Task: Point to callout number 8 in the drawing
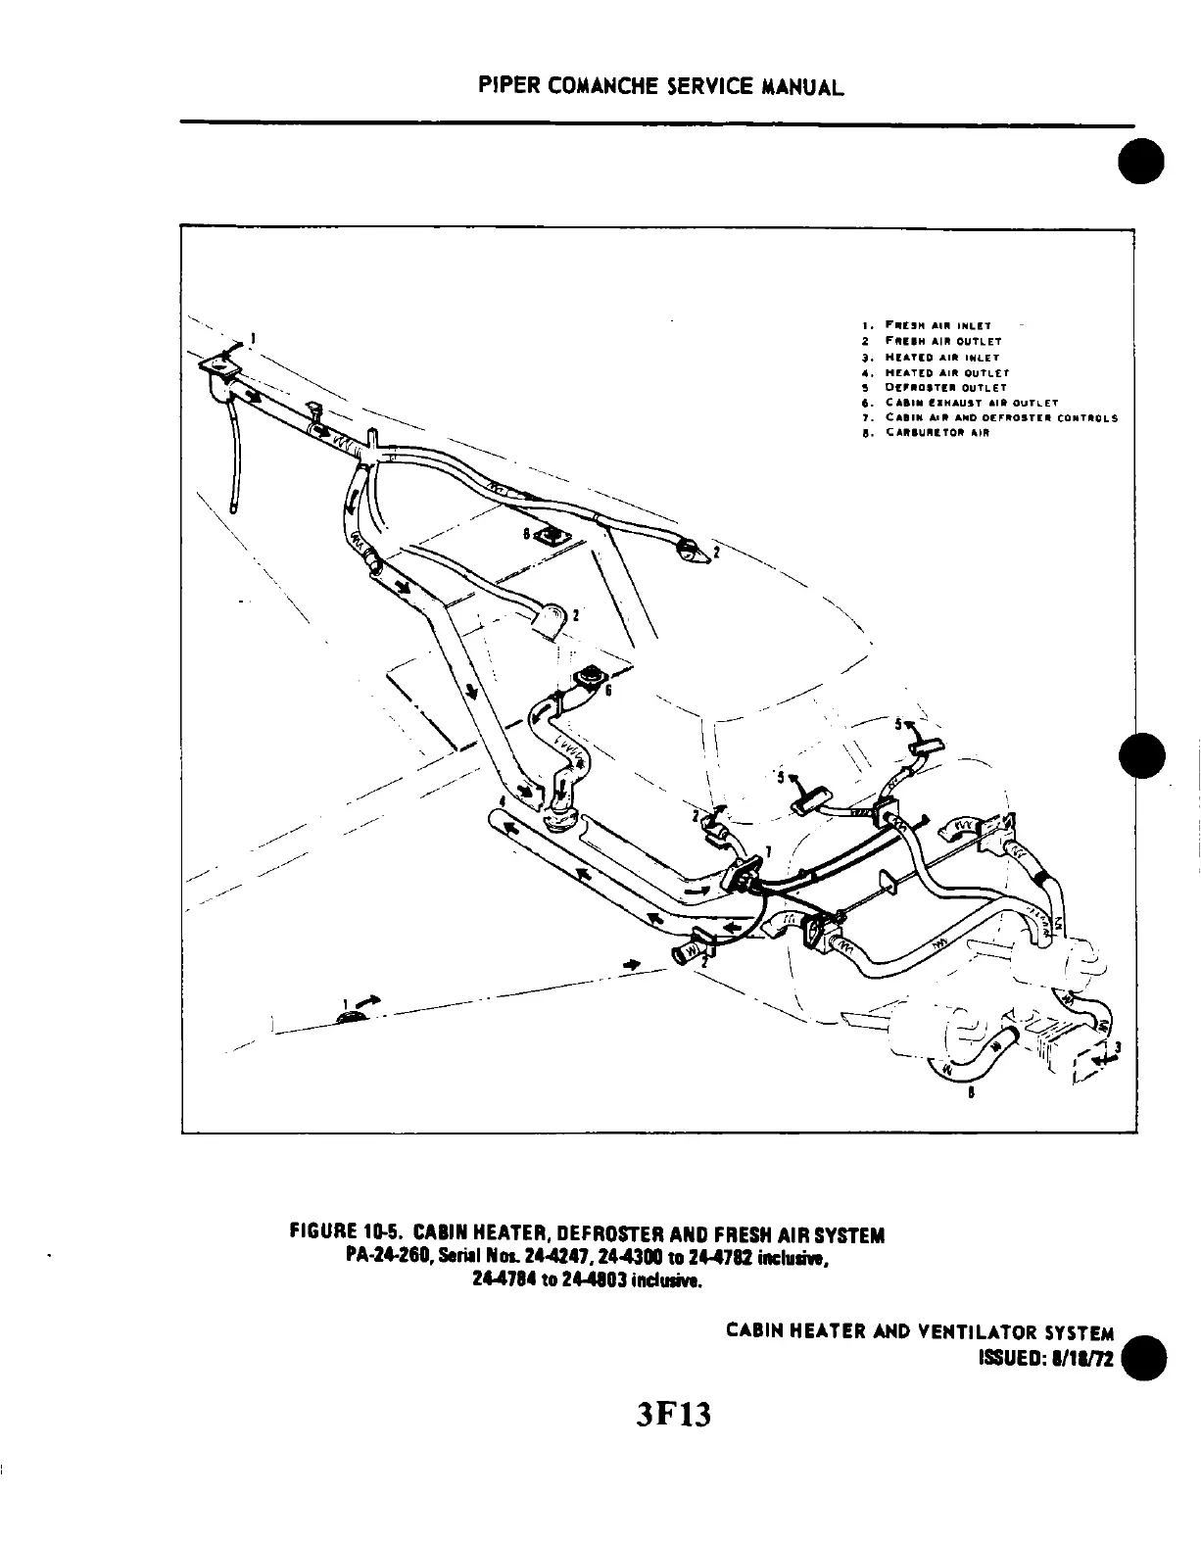pos(971,1095)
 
